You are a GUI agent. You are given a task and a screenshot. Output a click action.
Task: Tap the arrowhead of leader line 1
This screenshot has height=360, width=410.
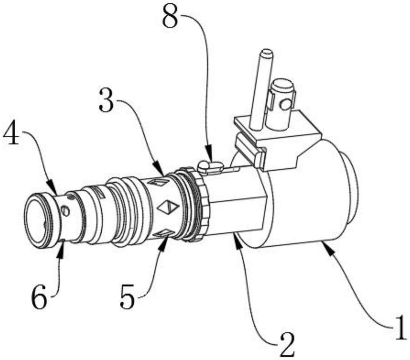click(327, 248)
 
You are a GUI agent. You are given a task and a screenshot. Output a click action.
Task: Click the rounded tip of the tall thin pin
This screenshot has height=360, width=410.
click(266, 53)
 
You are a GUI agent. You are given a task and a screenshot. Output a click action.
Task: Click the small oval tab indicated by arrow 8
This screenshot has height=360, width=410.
click(210, 166)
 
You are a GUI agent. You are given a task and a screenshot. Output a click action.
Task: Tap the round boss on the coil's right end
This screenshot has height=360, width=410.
click(349, 183)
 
